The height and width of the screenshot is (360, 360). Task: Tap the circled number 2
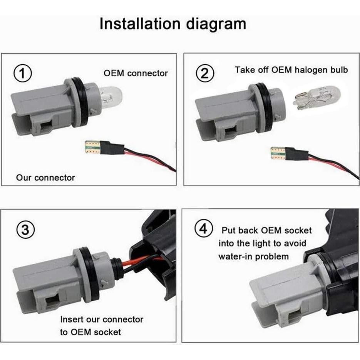[204, 72]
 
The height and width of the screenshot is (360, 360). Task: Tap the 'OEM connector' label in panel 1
[136, 73]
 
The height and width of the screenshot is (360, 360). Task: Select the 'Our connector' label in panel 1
[45, 177]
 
